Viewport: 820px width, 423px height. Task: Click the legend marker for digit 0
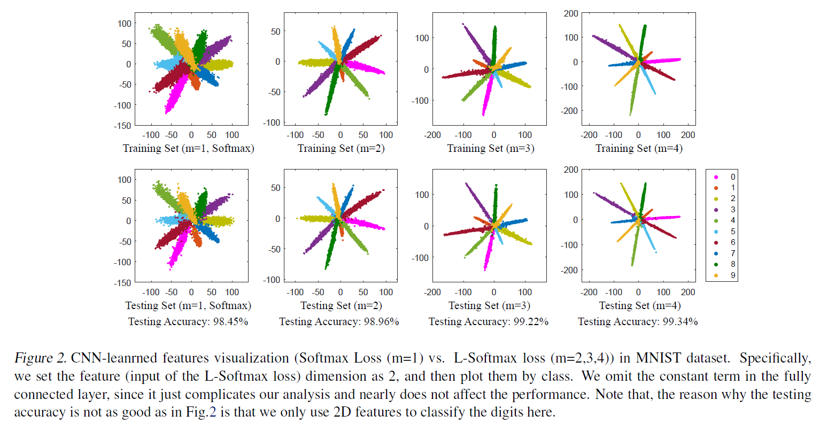(716, 177)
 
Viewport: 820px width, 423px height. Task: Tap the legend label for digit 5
(733, 232)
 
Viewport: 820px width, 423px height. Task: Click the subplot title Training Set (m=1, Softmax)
(188, 148)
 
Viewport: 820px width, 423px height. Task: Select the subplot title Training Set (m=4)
(639, 148)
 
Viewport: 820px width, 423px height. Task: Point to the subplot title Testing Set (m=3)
(489, 305)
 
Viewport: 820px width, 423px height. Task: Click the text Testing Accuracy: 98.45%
(188, 321)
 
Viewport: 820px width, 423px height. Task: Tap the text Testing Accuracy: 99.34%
(638, 321)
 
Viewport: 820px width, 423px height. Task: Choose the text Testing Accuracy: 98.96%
(339, 321)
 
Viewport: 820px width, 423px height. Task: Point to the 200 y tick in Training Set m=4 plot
(571, 13)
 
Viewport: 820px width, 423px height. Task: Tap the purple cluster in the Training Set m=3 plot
(475, 43)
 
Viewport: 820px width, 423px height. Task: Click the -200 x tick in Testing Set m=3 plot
(432, 292)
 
